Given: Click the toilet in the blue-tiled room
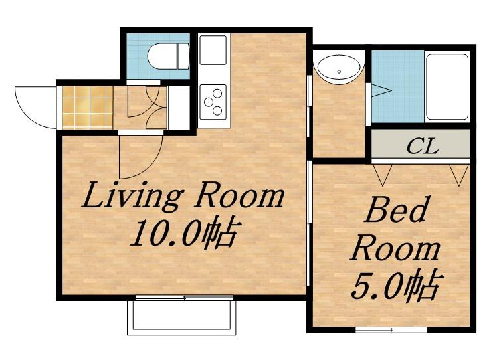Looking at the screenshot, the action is click(169, 56).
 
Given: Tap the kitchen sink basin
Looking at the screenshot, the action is click(213, 50).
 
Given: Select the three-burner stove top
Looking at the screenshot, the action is click(213, 102).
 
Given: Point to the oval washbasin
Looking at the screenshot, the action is click(339, 70).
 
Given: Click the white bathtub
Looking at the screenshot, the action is click(447, 86).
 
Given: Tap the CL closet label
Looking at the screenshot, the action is click(423, 147).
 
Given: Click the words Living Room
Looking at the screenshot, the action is click(183, 196).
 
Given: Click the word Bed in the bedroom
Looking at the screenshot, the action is click(396, 210).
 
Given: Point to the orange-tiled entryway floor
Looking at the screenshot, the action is click(88, 107).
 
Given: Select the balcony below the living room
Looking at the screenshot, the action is click(181, 317).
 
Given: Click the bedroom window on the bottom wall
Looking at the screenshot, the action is click(391, 330).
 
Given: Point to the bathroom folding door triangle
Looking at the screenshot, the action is click(380, 90).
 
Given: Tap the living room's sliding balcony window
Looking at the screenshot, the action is click(184, 298).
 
